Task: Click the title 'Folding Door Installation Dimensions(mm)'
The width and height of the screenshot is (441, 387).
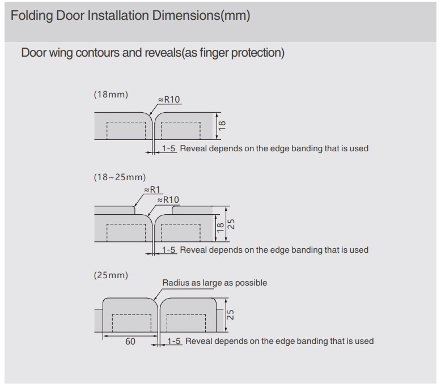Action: pyautogui.click(x=130, y=16)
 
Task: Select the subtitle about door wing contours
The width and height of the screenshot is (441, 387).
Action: pyautogui.click(x=152, y=53)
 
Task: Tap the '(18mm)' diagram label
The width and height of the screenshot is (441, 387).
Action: pyautogui.click(x=111, y=95)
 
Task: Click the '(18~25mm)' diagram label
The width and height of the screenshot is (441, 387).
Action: pyautogui.click(x=120, y=177)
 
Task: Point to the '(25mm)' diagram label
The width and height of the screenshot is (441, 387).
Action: pyautogui.click(x=111, y=275)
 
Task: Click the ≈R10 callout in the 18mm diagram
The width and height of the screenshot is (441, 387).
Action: pyautogui.click(x=169, y=100)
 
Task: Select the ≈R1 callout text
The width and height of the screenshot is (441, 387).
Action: pyautogui.click(x=152, y=190)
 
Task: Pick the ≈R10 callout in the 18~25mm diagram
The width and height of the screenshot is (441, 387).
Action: pyautogui.click(x=168, y=200)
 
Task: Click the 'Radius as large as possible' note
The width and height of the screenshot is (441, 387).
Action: pyautogui.click(x=215, y=283)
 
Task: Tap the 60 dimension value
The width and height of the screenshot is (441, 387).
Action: pyautogui.click(x=130, y=342)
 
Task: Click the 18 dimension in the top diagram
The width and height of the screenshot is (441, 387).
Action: pyautogui.click(x=222, y=126)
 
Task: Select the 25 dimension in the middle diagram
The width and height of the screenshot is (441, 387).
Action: pyautogui.click(x=231, y=224)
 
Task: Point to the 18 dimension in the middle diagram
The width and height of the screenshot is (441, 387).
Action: pyautogui.click(x=220, y=228)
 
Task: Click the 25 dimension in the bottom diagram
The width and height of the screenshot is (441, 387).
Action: pyautogui.click(x=230, y=315)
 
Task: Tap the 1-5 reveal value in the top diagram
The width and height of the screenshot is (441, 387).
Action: pyautogui.click(x=168, y=148)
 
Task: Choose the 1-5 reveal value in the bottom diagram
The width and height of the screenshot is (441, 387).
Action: pyautogui.click(x=174, y=341)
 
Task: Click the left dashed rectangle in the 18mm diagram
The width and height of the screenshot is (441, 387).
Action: pyautogui.click(x=126, y=131)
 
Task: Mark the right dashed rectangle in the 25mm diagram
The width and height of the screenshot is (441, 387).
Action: pyautogui.click(x=186, y=323)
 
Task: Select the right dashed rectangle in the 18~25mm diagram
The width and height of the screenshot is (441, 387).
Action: pyautogui.click(x=181, y=233)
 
